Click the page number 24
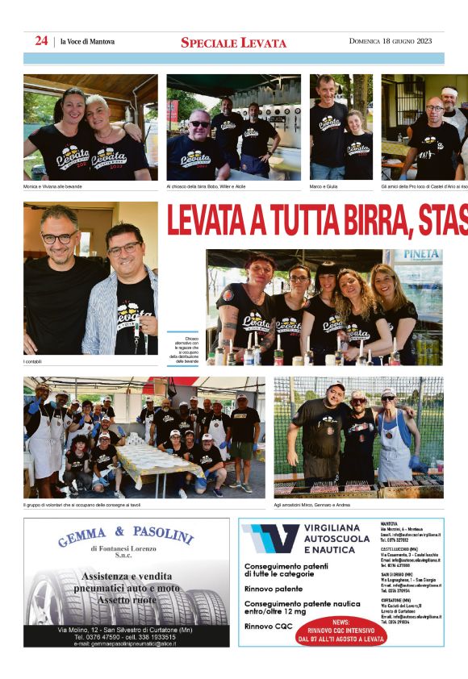41,41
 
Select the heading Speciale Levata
233,43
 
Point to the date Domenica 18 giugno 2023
391,41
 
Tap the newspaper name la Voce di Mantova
87,42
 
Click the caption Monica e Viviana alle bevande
52,186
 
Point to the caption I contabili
32,361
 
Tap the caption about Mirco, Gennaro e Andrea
313,506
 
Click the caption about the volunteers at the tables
81,506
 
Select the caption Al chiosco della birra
206,186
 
